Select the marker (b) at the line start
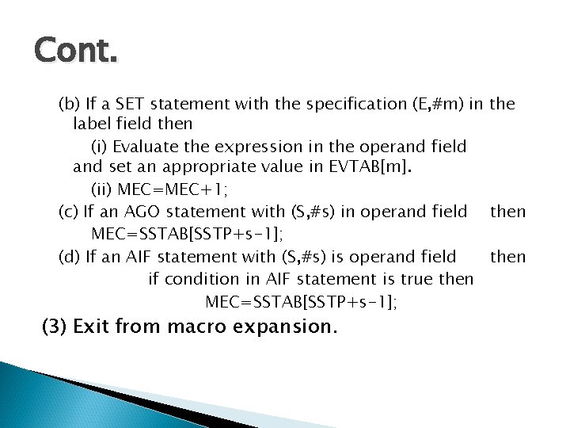pyautogui.click(x=69, y=104)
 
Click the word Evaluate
pyautogui.click(x=142, y=147)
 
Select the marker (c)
pyautogui.click(x=69, y=211)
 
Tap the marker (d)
pyautogui.click(x=69, y=256)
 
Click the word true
pyautogui.click(x=420, y=279)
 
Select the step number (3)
pyautogui.click(x=54, y=327)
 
